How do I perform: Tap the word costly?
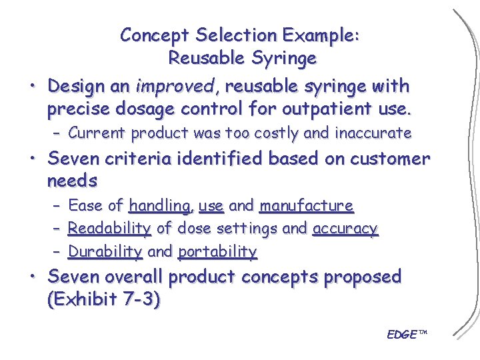click(272, 133)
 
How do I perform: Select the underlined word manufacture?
click(306, 206)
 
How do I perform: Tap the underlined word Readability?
click(109, 229)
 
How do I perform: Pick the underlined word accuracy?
click(345, 229)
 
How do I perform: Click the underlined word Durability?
click(105, 251)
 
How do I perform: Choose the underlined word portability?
click(218, 251)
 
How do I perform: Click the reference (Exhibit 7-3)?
click(103, 299)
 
